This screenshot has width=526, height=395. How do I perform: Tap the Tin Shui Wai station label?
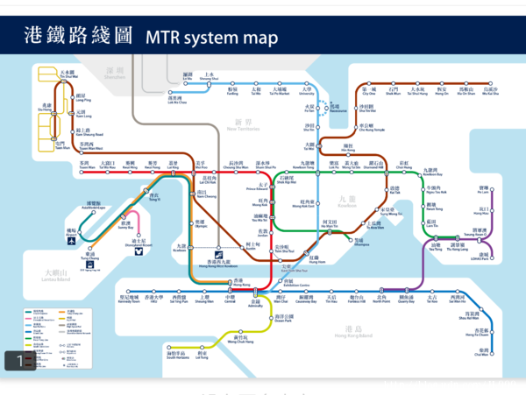pyautogui.click(x=68, y=76)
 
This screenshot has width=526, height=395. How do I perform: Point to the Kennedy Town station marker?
pyautogui.click(x=129, y=291)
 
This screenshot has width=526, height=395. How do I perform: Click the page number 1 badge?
pyautogui.click(x=19, y=359)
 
